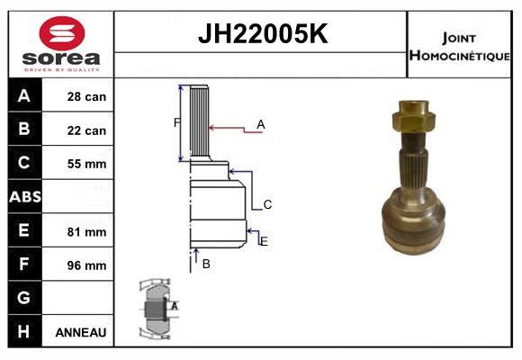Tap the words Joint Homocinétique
[x=460, y=46]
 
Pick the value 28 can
[x=86, y=96]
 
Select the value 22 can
[x=86, y=130]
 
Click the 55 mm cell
[x=86, y=164]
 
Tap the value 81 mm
[x=86, y=231]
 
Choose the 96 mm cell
[x=86, y=265]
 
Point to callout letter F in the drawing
[x=176, y=122]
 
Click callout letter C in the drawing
[x=267, y=205]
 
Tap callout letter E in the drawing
[x=264, y=240]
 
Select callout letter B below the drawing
[x=206, y=264]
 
